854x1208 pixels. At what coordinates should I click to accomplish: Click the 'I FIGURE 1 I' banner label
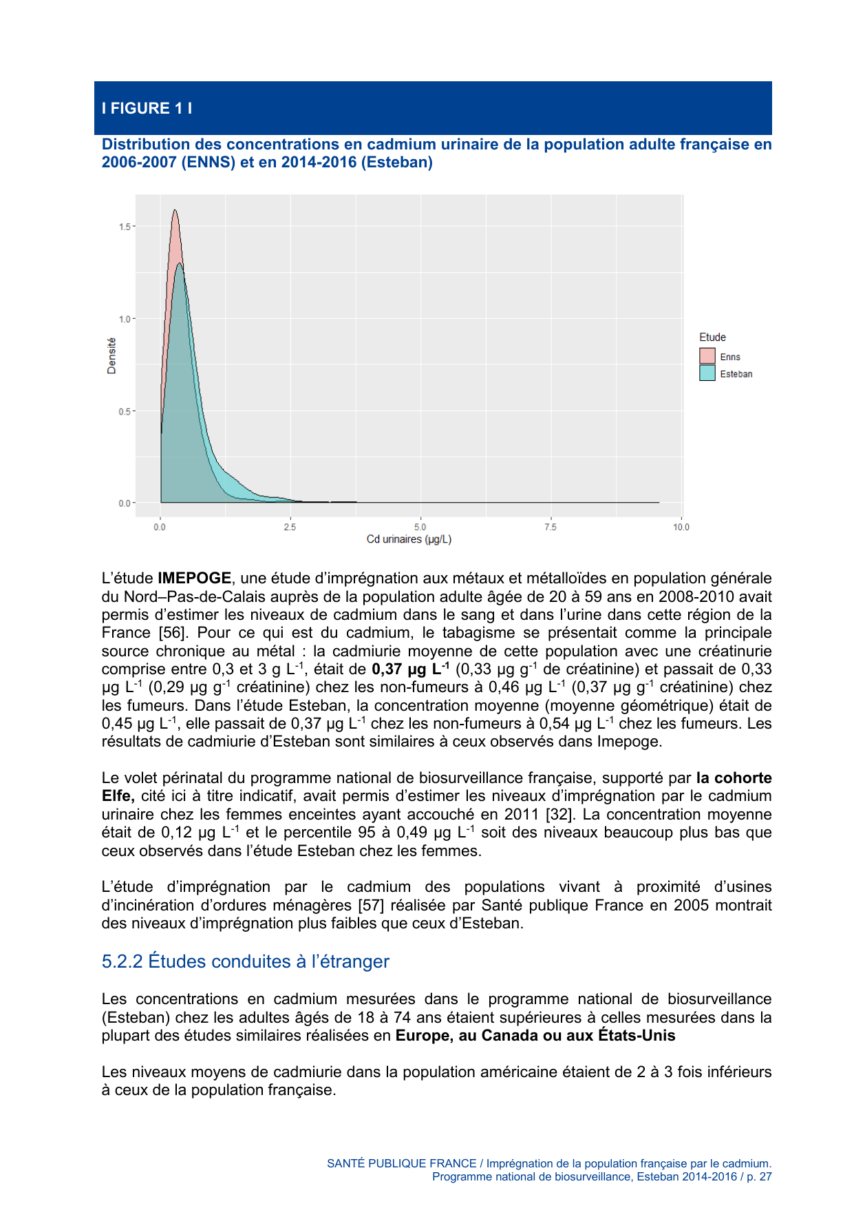pyautogui.click(x=147, y=108)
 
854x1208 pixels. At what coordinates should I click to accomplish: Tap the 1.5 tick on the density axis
pyautogui.click(x=125, y=227)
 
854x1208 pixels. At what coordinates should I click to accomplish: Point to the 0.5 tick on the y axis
pyautogui.click(x=125, y=411)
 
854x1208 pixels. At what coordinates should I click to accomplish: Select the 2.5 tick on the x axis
pyautogui.click(x=290, y=527)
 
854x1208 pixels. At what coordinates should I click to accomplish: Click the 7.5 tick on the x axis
pyautogui.click(x=551, y=527)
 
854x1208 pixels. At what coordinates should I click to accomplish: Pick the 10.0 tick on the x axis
pyautogui.click(x=681, y=527)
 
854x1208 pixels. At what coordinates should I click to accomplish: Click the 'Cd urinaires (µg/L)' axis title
pyautogui.click(x=409, y=539)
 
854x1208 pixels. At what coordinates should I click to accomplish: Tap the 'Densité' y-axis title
pyautogui.click(x=111, y=356)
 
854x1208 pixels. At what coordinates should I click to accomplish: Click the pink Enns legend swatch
pyautogui.click(x=707, y=356)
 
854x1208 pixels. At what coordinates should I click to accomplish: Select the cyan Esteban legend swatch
pyautogui.click(x=707, y=373)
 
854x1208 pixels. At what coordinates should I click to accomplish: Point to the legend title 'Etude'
pyautogui.click(x=712, y=337)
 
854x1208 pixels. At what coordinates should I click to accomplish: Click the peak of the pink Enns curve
pyautogui.click(x=175, y=211)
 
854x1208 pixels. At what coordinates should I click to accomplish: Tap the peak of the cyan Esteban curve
pyautogui.click(x=180, y=264)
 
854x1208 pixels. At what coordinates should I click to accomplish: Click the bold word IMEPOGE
pyautogui.click(x=194, y=579)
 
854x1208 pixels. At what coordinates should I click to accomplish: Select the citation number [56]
pyautogui.click(x=173, y=633)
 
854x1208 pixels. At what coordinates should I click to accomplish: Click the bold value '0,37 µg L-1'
pyautogui.click(x=411, y=669)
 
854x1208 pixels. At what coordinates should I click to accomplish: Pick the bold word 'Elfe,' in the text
pyautogui.click(x=118, y=796)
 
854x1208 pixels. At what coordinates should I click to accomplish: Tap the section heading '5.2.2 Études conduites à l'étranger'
pyautogui.click(x=245, y=961)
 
